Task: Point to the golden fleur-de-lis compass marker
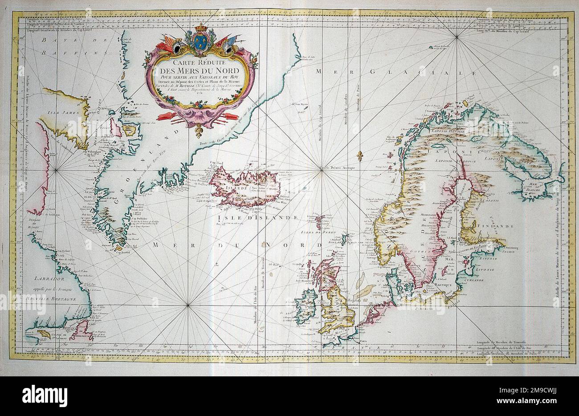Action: coord(359,155)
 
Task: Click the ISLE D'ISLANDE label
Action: coord(257,217)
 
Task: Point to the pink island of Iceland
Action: coord(245,184)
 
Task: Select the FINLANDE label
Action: coord(489,226)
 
